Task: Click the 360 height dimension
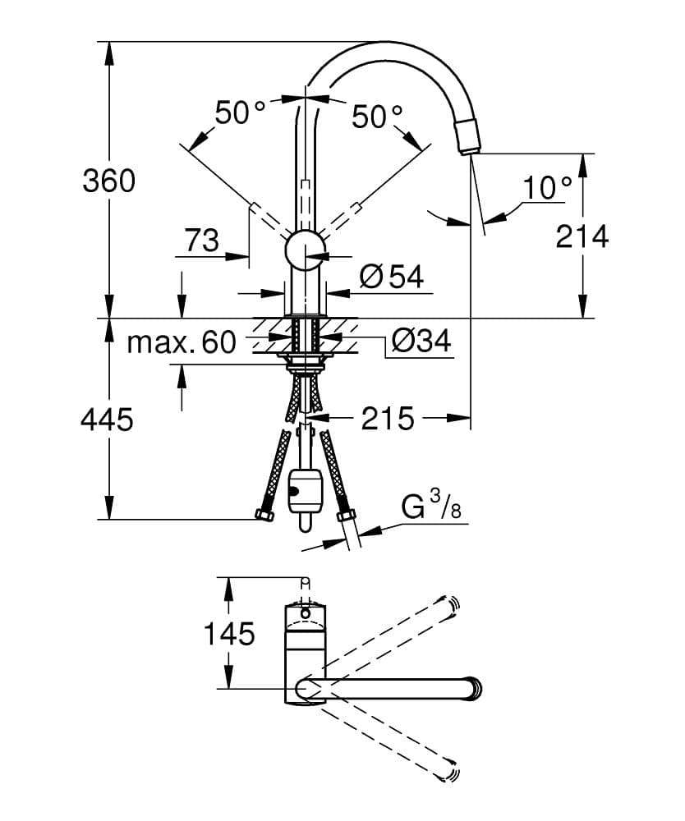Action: (108, 181)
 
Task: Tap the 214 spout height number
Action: (582, 236)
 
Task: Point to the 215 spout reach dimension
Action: (388, 419)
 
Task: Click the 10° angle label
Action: (547, 188)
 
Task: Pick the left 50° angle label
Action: (241, 112)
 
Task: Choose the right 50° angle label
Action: (378, 117)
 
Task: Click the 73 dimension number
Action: (201, 241)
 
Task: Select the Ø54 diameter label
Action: (392, 277)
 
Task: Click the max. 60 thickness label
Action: (181, 342)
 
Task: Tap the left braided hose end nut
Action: (264, 516)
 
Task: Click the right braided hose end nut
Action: (346, 517)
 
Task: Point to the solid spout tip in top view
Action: (474, 688)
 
